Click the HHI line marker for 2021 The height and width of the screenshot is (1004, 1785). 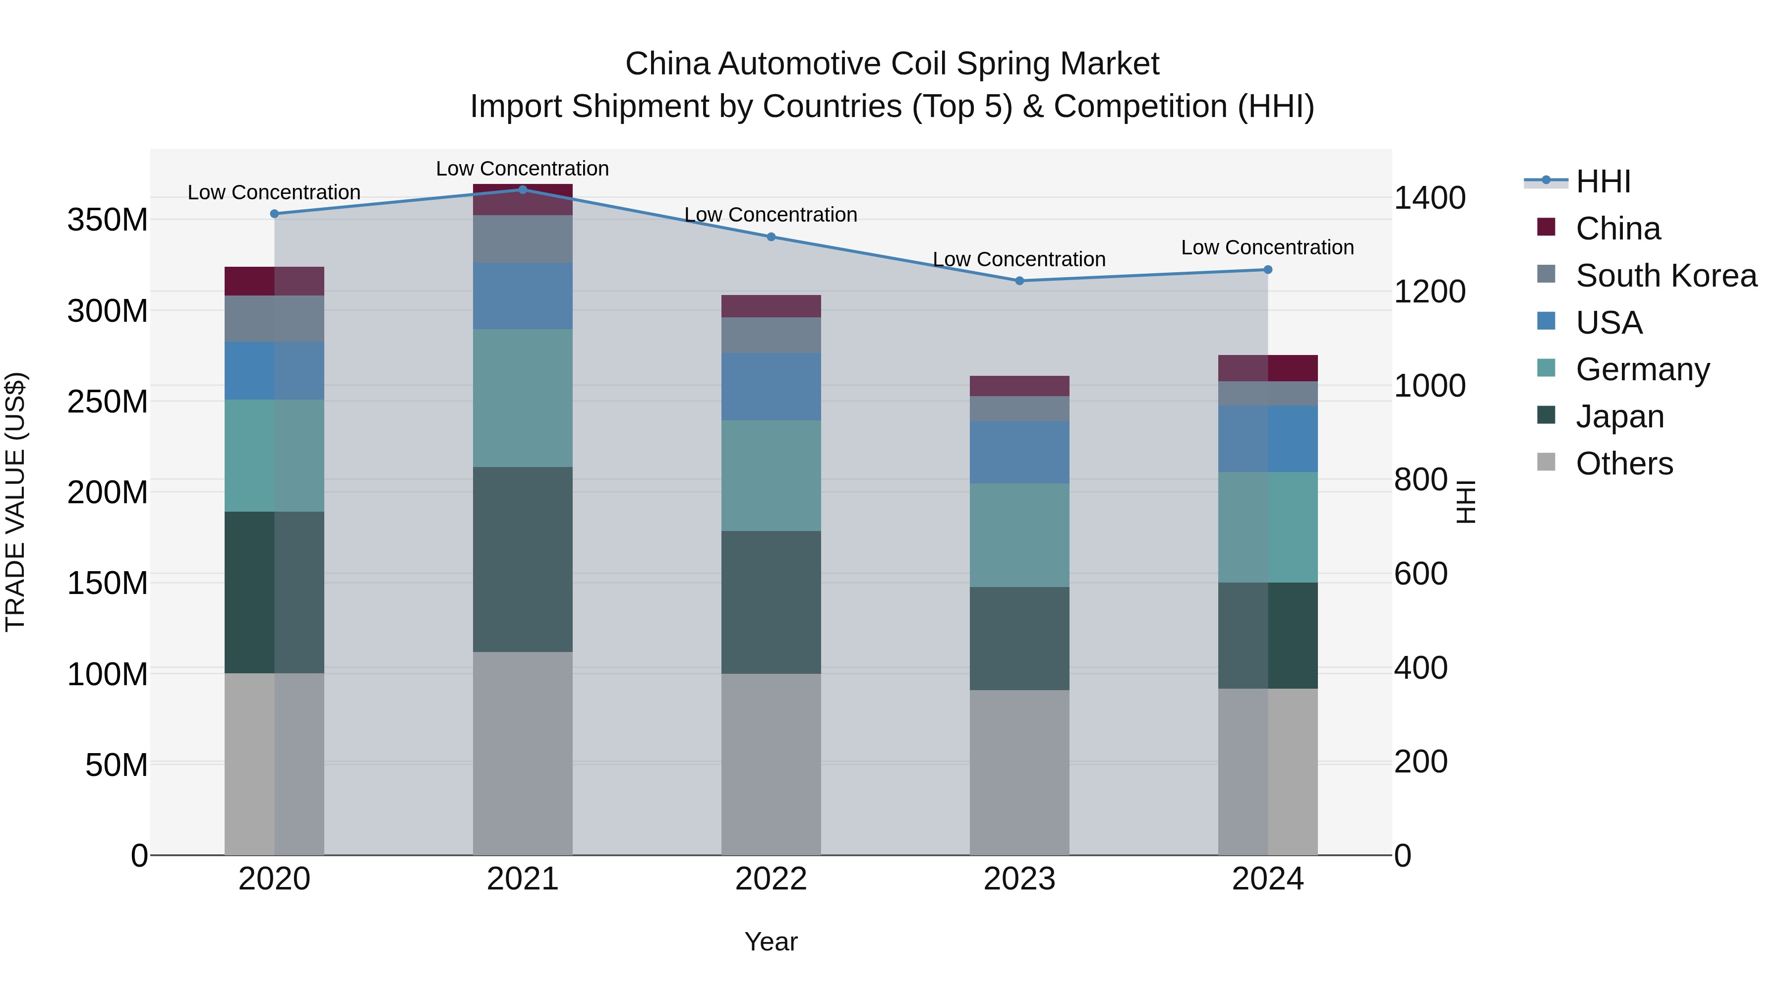[x=523, y=189]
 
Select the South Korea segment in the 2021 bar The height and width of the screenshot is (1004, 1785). [x=523, y=238]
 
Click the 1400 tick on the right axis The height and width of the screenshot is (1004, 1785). [x=1429, y=198]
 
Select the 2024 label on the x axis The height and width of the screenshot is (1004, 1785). [x=1267, y=879]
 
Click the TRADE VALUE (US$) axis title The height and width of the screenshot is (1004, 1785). [x=16, y=502]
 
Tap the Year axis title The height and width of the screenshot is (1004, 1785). [x=771, y=942]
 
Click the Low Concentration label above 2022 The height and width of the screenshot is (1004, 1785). [x=771, y=215]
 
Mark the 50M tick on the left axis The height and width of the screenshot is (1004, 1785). [x=117, y=765]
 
